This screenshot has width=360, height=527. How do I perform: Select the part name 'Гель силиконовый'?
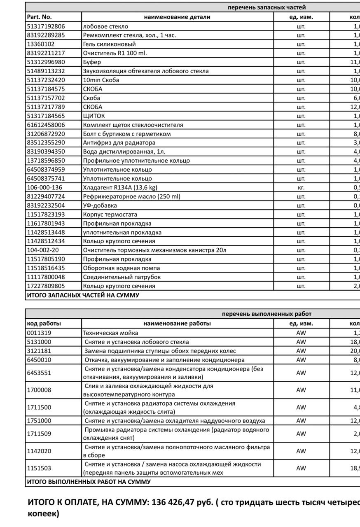coord(109,44)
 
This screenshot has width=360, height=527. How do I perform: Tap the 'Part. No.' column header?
coord(39,17)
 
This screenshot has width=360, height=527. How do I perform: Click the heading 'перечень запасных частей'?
coord(267,7)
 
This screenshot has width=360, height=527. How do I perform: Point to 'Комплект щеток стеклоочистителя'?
coord(133,125)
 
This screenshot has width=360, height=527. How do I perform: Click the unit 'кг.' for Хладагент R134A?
coord(301,187)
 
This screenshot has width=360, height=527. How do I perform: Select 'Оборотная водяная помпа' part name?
coord(121,268)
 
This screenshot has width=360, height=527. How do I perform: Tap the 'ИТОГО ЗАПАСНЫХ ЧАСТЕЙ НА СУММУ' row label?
coord(83,295)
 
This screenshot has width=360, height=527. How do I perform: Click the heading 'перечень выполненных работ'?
coord(266,314)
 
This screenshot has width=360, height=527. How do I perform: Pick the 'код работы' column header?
coord(44,323)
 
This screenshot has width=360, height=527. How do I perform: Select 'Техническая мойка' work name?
coord(110,333)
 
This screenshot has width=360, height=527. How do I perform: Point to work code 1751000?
coord(39,421)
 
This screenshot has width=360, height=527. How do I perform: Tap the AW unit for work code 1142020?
coord(301,451)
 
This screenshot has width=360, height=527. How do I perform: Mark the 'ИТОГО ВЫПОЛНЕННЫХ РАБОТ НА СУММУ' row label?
coord(89,482)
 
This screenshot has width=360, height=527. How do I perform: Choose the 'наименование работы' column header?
coord(177,323)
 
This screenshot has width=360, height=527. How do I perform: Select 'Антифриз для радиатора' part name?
coord(119,143)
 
